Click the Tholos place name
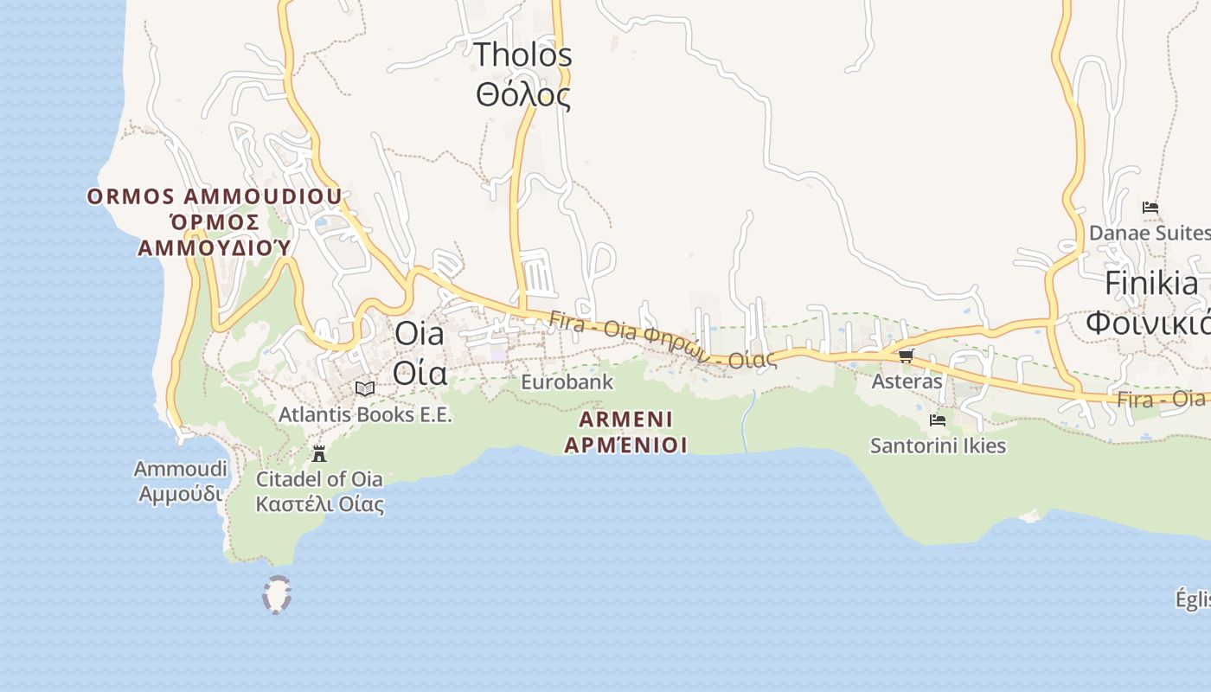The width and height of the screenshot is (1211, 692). point(522,55)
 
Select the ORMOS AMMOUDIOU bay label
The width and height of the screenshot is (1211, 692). point(215,196)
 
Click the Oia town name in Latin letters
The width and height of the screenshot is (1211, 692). point(420,333)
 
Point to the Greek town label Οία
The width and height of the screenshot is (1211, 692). point(420,373)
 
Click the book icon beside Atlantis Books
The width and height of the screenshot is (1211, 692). point(365,388)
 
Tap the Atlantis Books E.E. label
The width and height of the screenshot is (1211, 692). point(365,414)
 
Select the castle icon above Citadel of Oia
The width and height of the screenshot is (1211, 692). point(319,453)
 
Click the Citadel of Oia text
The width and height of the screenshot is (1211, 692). point(319,478)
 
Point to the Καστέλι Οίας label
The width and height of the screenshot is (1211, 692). point(319,503)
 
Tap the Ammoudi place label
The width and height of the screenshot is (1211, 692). point(180,469)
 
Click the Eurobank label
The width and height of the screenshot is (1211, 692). point(567,381)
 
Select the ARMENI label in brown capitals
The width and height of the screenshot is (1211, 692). point(625,420)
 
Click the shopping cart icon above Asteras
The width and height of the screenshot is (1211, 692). point(906,356)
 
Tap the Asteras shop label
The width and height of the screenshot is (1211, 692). point(907,381)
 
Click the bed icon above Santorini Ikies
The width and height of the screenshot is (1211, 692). point(938,420)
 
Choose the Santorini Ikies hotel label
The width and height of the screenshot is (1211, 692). point(938,445)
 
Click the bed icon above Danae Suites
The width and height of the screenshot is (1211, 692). point(1150,208)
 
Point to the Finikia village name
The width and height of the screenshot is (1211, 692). point(1152,283)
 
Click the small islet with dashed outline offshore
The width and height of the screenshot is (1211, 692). point(276,595)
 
